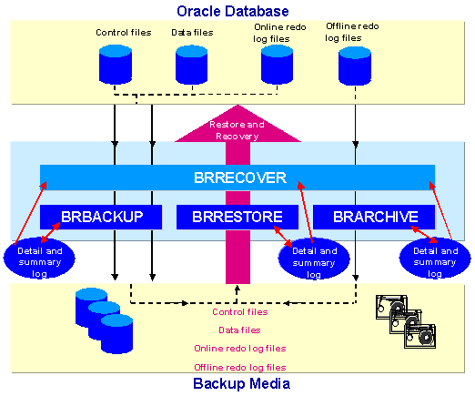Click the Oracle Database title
[233, 11]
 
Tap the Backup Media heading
[241, 383]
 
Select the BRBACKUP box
[101, 217]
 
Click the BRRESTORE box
[237, 217]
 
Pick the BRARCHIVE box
[374, 217]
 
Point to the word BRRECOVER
[240, 178]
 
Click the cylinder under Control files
[116, 65]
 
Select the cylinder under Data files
[192, 65]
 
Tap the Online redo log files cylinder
[277, 65]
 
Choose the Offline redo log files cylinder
[355, 66]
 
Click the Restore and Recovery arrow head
[237, 126]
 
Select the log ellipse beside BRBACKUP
[39, 259]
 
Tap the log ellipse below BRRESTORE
[314, 259]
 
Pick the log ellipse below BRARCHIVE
[435, 259]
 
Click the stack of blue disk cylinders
[104, 320]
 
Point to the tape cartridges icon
[406, 321]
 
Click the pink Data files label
[239, 330]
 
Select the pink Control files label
[240, 312]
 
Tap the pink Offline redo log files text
[240, 368]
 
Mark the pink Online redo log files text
[240, 349]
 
